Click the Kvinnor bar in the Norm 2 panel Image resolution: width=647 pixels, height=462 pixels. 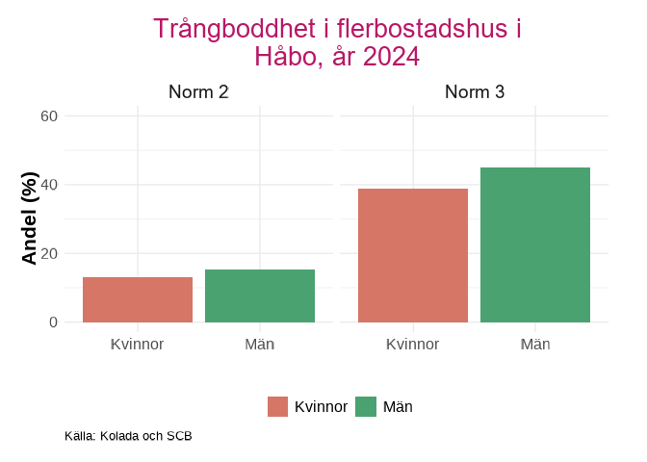pos(138,299)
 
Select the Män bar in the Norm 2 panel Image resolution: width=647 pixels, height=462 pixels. pos(260,295)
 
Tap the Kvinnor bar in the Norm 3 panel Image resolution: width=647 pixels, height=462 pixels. pos(413,255)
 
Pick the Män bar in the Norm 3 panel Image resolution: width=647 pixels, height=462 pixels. pos(535,244)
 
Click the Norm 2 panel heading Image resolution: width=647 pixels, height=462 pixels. pos(198,92)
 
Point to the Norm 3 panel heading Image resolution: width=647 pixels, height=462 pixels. pos(475,92)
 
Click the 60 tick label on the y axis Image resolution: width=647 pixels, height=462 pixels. pos(49,116)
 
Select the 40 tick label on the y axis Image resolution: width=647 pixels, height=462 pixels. pos(49,185)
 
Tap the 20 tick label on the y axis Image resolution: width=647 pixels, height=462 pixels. pos(49,254)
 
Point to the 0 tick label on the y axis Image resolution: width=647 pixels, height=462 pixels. pos(54,322)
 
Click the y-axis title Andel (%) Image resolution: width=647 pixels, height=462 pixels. pos(30,218)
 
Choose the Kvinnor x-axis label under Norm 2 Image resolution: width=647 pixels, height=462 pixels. pos(138,344)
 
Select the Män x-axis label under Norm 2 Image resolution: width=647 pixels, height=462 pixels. pos(260,344)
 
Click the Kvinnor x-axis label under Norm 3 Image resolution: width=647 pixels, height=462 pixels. pos(413,344)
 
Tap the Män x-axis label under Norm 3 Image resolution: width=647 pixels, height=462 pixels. pos(535,344)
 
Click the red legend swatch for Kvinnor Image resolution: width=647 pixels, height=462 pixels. pos(278,407)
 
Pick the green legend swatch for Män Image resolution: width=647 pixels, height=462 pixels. pos(366,407)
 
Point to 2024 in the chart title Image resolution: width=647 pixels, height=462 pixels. pos(391,57)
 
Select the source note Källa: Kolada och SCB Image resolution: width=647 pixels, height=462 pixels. pos(128,436)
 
